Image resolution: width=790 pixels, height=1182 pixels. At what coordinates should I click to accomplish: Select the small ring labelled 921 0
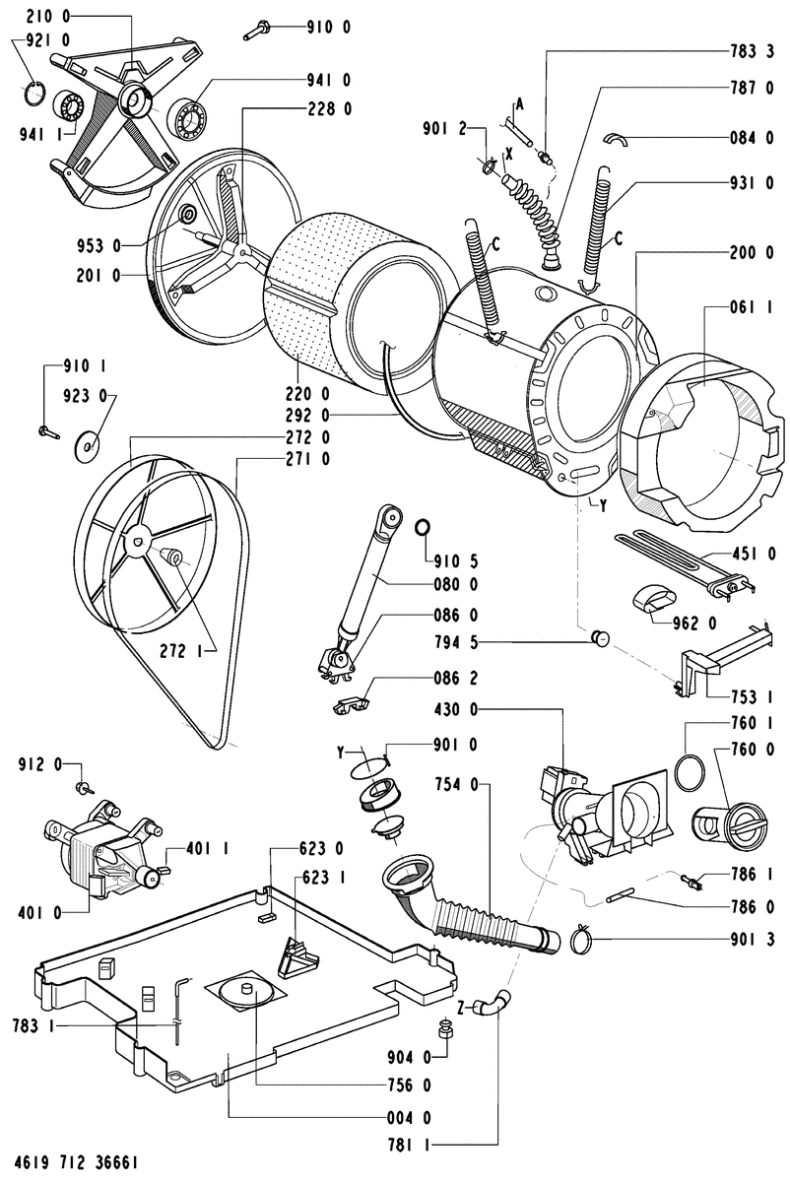point(34,95)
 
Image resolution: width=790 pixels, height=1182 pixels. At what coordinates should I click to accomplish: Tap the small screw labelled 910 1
point(47,429)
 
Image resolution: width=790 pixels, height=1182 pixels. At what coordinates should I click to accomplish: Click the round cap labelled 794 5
point(599,640)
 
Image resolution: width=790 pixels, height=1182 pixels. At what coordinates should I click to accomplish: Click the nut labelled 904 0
point(444,1032)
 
